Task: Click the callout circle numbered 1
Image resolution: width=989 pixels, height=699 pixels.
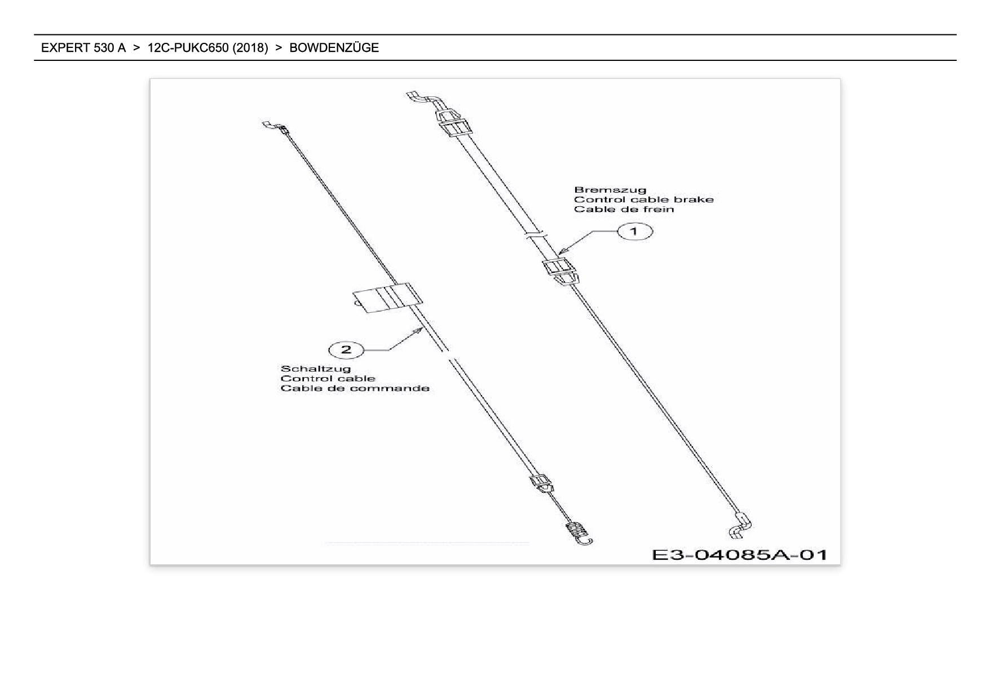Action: coord(634,231)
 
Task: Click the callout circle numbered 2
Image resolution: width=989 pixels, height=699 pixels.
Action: coord(346,349)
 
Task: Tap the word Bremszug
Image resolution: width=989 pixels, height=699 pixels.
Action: coord(610,190)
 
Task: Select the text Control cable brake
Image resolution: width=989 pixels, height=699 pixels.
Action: coord(643,200)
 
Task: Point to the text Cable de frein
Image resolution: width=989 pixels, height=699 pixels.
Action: coord(624,209)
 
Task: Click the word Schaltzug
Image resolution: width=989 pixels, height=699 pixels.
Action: coord(315,369)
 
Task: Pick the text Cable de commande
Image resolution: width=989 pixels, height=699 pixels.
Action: coord(355,388)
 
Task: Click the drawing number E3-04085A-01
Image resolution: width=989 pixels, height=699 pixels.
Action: coord(739,555)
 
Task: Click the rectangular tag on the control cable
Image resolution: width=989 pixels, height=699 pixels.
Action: coord(387,297)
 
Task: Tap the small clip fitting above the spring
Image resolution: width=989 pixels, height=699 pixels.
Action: coord(541,484)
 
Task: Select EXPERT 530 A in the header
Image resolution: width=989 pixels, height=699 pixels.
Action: coord(83,48)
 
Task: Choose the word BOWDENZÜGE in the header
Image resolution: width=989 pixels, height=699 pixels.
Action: coord(334,48)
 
